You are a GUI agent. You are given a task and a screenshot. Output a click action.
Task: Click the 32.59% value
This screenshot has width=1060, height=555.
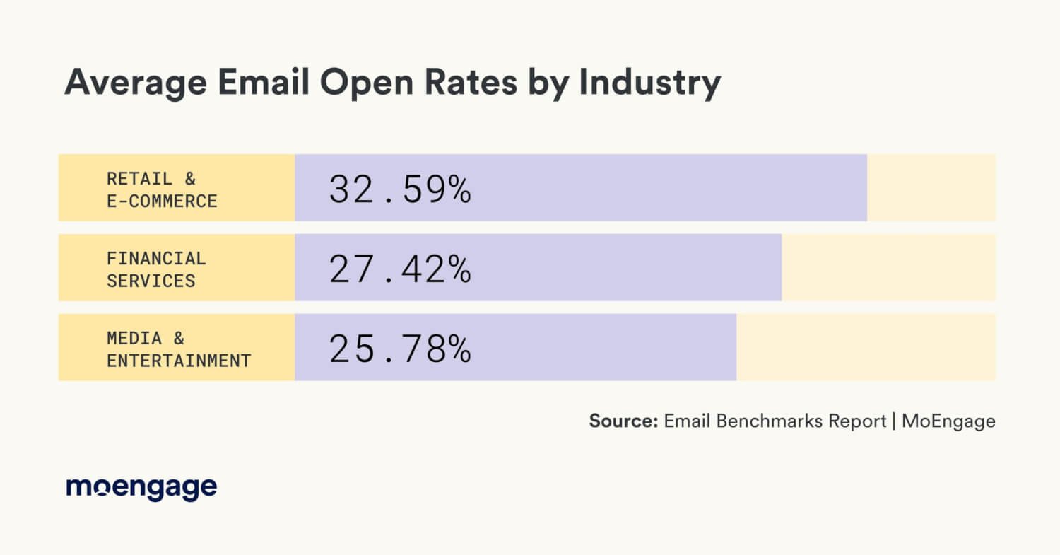coord(400,189)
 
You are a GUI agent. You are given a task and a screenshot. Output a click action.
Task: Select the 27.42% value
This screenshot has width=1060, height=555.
coord(400,269)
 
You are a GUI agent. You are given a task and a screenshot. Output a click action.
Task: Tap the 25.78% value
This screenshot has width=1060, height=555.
coord(400,349)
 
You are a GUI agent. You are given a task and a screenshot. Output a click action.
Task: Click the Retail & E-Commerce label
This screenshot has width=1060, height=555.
coord(162,189)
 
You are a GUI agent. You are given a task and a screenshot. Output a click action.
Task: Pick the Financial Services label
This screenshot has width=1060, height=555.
coord(156,269)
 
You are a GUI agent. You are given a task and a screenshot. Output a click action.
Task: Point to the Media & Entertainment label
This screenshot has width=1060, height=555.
coord(179,349)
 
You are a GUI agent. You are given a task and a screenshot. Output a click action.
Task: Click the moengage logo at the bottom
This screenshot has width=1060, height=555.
coord(141,488)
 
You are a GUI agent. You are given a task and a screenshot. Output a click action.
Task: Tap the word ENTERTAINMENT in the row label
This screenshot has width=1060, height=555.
coord(179,361)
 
